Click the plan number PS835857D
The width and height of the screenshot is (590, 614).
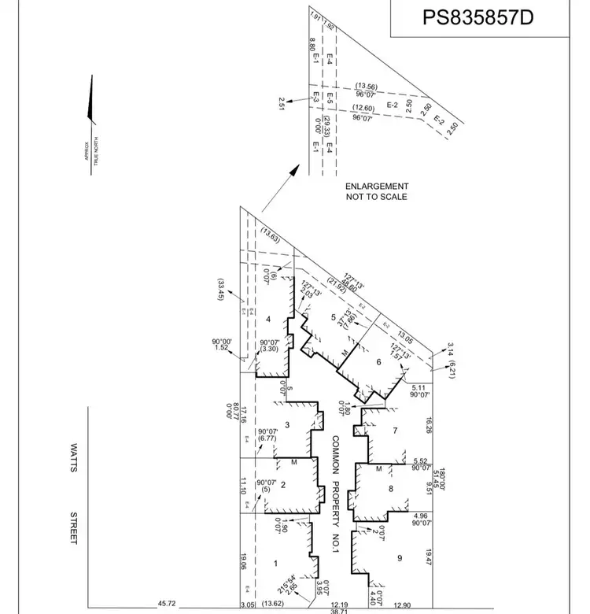(x=478, y=17)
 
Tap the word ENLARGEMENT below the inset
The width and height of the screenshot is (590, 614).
(x=377, y=187)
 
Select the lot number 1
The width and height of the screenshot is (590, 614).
(x=275, y=564)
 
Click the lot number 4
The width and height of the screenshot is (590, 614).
(x=268, y=319)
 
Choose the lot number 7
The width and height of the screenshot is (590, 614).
(x=396, y=430)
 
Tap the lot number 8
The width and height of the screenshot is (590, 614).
(x=390, y=488)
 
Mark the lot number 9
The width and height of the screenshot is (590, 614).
(x=400, y=558)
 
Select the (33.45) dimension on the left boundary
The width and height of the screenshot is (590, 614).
(x=223, y=293)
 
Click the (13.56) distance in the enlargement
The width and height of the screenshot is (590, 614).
(x=367, y=86)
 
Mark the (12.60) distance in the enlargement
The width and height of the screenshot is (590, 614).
(x=363, y=108)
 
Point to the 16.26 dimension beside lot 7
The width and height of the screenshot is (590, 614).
(x=428, y=426)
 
